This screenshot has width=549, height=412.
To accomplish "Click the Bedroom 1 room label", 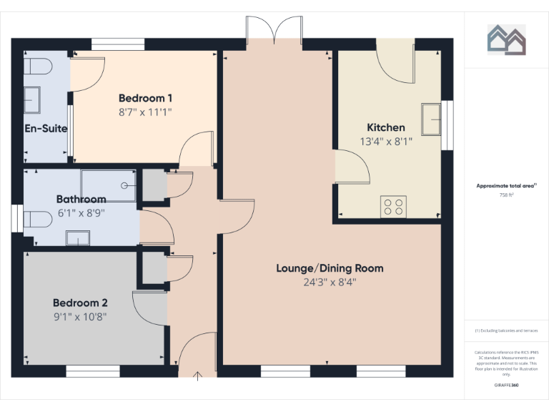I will pos(145,98).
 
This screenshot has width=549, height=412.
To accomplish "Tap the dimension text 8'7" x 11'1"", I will pos(145,112).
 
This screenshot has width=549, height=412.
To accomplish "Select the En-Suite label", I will pos(46,129).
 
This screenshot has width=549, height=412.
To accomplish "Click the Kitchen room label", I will pos(386,127).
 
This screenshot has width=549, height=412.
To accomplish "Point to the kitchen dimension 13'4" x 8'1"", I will pos(386,142).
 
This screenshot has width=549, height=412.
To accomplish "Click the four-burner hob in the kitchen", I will pos(394,206).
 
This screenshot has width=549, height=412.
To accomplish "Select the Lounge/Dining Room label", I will pos(330,268).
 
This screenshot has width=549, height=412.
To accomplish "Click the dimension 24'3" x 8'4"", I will pos(330,282).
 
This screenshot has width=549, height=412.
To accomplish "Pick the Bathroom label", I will pos(81,199).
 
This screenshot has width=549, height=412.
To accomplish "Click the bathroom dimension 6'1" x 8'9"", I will pos(81,212).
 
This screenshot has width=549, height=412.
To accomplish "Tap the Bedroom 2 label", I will pos(80,303).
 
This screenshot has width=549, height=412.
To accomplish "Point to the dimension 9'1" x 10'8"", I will pos(80,316).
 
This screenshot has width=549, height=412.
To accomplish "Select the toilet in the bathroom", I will pos(36,217).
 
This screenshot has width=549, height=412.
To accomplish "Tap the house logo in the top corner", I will pos(507,39).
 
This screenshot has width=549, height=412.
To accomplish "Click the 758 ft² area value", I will pos(506,194).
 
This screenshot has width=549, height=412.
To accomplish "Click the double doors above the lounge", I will pos(274,31).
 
